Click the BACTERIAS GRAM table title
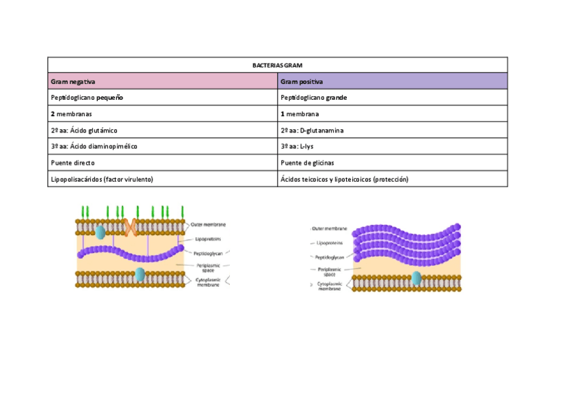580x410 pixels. pos(277,65)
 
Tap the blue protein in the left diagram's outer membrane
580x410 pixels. pos(101,232)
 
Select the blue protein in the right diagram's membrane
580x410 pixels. pos(416,278)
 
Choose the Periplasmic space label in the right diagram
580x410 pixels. pos(330,271)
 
